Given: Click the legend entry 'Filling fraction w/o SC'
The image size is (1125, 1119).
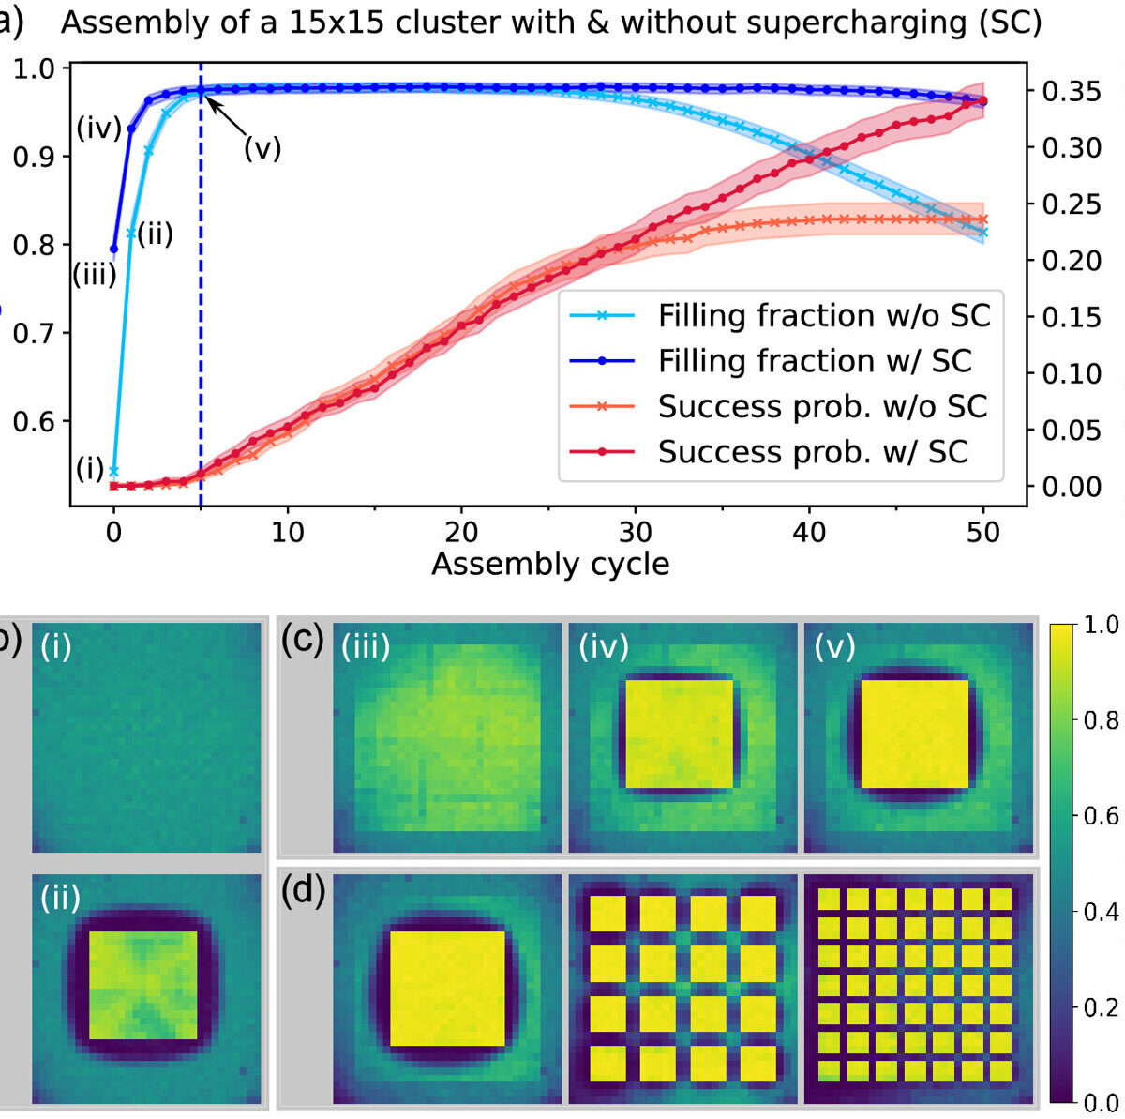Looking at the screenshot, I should click(x=823, y=316).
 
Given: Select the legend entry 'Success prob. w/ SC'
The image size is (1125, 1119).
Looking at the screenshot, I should click(x=812, y=452).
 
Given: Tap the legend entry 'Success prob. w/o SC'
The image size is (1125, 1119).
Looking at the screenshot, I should click(x=822, y=407).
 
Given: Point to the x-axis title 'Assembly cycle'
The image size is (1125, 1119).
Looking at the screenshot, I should click(x=550, y=565).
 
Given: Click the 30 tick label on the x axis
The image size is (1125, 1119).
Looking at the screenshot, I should click(x=636, y=533).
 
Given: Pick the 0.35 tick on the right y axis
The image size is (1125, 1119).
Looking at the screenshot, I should click(x=1071, y=92).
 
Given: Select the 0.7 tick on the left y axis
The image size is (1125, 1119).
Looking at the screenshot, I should click(x=33, y=333).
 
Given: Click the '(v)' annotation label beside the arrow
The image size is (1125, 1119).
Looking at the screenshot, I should click(x=262, y=148).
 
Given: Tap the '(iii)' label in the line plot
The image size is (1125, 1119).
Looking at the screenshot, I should click(x=95, y=274).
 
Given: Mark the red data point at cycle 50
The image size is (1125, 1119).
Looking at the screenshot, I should click(x=982, y=101).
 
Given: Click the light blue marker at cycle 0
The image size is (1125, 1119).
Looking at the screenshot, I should click(x=114, y=471).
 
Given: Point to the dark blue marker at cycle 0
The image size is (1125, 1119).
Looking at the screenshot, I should click(x=114, y=250).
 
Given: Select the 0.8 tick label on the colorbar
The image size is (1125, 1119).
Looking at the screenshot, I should click(x=1100, y=720).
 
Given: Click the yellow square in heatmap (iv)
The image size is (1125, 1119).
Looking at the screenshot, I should click(x=679, y=733).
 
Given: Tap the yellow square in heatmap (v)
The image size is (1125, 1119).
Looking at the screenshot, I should click(x=914, y=733).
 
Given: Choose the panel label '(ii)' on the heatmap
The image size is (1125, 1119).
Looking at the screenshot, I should click(x=60, y=898).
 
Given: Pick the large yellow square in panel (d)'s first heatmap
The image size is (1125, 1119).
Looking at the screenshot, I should click(x=446, y=988).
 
